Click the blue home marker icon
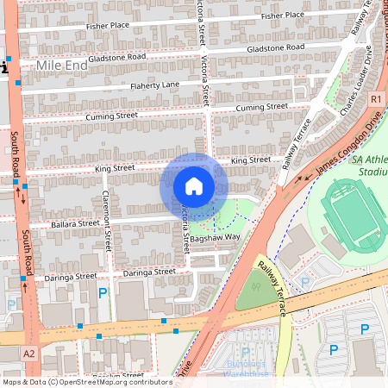(x=194, y=186)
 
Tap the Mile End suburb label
(x=63, y=66)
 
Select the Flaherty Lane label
(x=154, y=84)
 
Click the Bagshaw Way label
(x=216, y=235)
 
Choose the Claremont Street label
(x=108, y=221)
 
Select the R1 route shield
(x=376, y=100)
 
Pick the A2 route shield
(x=30, y=353)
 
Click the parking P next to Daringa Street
(x=103, y=293)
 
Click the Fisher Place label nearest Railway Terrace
(x=283, y=15)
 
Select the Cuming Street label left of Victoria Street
(x=111, y=115)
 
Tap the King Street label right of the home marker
(x=251, y=160)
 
